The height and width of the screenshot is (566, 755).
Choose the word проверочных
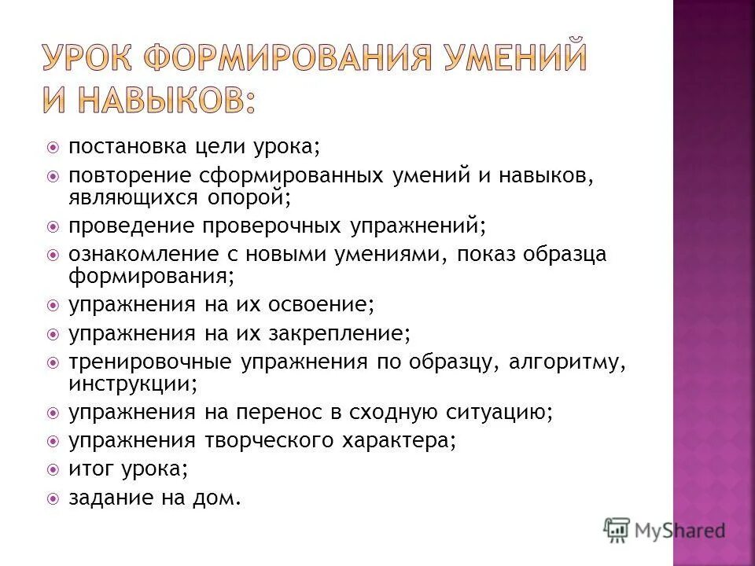click(x=271, y=226)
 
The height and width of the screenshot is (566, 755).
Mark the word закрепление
click(x=340, y=333)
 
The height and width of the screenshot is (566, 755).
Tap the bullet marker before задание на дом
click(x=53, y=498)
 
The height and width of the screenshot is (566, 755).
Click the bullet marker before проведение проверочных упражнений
click(x=53, y=226)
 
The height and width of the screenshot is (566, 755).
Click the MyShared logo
click(x=665, y=529)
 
